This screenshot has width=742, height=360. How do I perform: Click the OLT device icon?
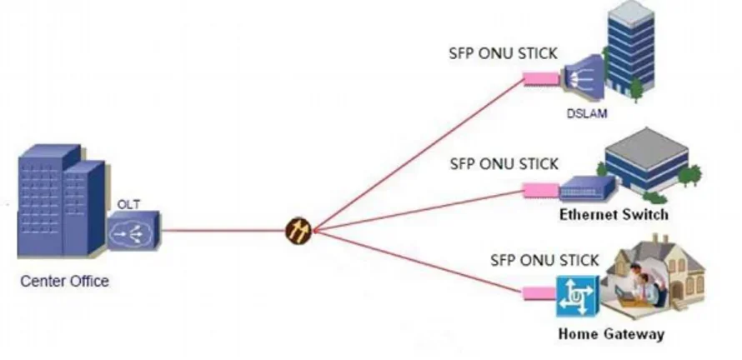coord(133,231)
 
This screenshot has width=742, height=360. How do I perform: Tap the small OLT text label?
coord(128,203)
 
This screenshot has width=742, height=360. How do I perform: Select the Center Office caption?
coord(64,282)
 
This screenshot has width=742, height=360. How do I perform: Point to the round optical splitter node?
coord(298,230)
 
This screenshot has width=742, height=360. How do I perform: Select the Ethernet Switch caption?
coord(614,215)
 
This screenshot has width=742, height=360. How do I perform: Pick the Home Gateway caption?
coord(611,335)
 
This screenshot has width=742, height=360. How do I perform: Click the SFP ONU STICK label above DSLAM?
coord(504,54)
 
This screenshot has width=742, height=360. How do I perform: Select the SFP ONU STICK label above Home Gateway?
coord(544,261)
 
